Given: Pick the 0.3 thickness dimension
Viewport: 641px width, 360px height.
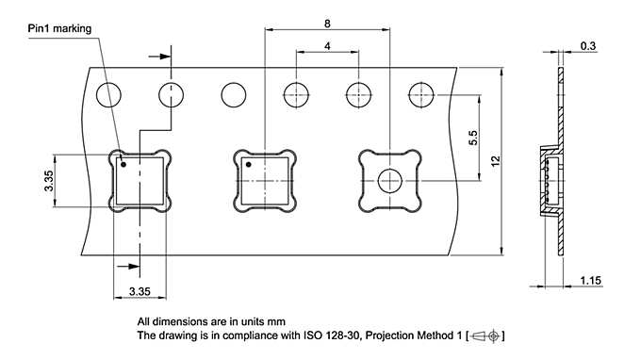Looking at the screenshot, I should (x=588, y=45).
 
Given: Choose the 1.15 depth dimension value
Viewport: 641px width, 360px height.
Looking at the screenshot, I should (x=590, y=281).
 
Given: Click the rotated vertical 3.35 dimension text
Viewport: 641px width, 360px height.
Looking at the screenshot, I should (x=48, y=182).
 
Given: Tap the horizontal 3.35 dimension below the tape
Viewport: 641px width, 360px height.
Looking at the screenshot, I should (x=140, y=292).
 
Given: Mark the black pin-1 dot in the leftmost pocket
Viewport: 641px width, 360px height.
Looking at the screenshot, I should (x=123, y=165).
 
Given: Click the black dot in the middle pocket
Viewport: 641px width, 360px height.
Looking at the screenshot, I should (x=249, y=165).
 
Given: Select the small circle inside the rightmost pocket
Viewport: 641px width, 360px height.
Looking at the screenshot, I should (x=390, y=182).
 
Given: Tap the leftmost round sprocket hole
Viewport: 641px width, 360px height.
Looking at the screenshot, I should (x=108, y=94).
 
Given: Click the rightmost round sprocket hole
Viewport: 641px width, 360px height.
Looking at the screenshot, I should (x=420, y=94).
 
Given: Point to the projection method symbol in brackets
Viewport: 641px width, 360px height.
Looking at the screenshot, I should (x=487, y=335).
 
